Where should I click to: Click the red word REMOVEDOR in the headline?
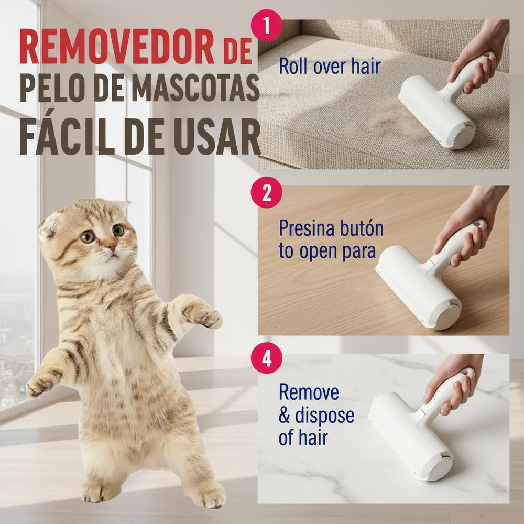(116, 47)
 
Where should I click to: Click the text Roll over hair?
(329, 67)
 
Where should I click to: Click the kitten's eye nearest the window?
(88, 236)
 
